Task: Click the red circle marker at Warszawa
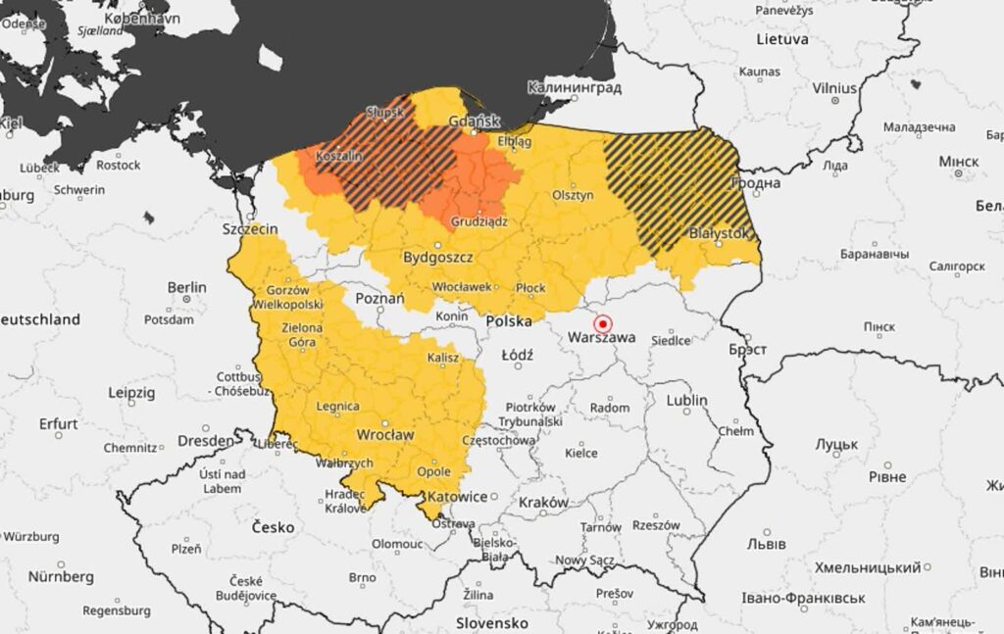click(x=603, y=323)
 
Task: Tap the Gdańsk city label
click(x=474, y=121)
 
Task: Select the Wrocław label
click(x=385, y=433)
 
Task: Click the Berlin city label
click(x=186, y=287)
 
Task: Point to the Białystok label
click(x=720, y=233)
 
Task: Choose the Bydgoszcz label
click(x=438, y=258)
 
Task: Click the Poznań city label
click(x=379, y=298)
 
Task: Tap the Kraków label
click(x=543, y=503)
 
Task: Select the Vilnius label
click(x=834, y=88)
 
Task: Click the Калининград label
click(x=575, y=87)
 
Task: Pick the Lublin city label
click(x=686, y=400)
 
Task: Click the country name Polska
click(x=509, y=321)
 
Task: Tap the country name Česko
click(x=273, y=527)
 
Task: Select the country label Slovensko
click(x=492, y=623)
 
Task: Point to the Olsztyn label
click(x=574, y=195)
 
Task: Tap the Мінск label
click(x=958, y=161)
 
